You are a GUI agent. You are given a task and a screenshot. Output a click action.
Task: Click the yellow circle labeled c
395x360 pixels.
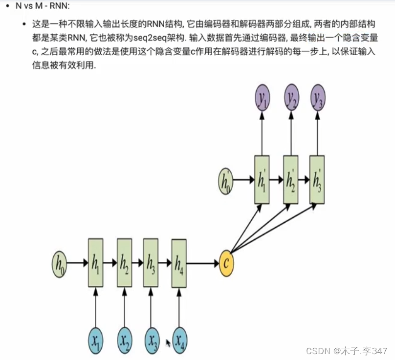click(226, 263)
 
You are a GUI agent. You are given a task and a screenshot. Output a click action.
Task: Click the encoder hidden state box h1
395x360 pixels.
click(96, 263)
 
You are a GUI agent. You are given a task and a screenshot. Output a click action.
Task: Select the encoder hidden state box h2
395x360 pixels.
click(125, 263)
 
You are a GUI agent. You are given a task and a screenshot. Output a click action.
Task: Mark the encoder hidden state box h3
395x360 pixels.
click(151, 263)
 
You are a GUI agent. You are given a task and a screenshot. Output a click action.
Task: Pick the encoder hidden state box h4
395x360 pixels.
click(179, 263)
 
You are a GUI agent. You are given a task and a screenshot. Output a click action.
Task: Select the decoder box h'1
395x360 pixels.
click(262, 180)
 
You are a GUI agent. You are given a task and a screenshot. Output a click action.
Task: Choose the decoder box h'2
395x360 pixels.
click(291, 180)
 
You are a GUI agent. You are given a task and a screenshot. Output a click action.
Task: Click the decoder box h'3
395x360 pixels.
click(317, 180)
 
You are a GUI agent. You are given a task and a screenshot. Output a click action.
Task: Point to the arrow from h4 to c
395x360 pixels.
click(202, 263)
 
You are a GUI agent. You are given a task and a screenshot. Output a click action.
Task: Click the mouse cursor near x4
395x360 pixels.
click(168, 343)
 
